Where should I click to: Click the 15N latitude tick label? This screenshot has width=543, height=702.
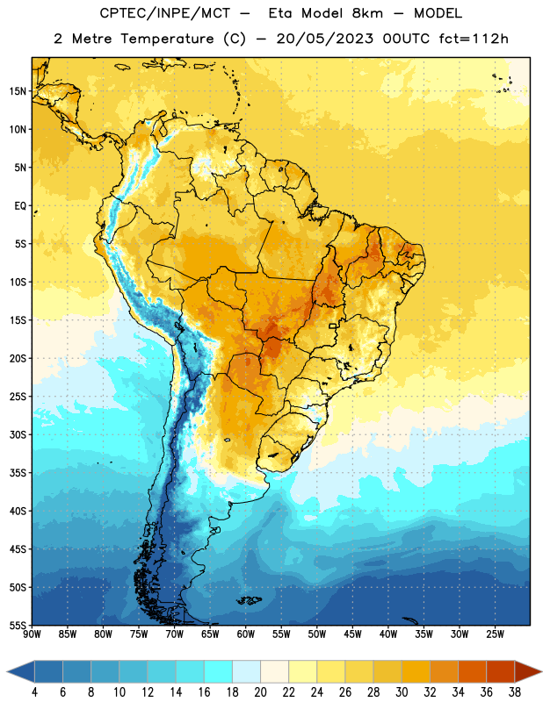pyautogui.click(x=18, y=91)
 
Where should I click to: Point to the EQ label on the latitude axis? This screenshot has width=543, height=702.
pyautogui.click(x=20, y=206)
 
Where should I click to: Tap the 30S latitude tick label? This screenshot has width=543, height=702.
pyautogui.click(x=18, y=434)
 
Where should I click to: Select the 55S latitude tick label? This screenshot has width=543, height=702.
pyautogui.click(x=18, y=626)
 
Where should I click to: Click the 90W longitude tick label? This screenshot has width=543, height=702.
pyautogui.click(x=32, y=634)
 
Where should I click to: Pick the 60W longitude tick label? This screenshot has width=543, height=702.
pyautogui.click(x=246, y=634)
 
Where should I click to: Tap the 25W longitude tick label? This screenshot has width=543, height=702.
pyautogui.click(x=495, y=634)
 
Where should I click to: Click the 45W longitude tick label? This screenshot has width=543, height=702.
pyautogui.click(x=352, y=634)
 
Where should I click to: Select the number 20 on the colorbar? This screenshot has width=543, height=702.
pyautogui.click(x=260, y=692)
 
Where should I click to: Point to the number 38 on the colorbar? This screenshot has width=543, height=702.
pyautogui.click(x=514, y=692)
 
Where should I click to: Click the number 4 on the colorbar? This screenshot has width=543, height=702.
pyautogui.click(x=34, y=692)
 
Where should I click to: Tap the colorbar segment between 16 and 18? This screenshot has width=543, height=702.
pyautogui.click(x=219, y=671)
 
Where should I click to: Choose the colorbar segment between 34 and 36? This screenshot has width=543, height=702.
pyautogui.click(x=472, y=671)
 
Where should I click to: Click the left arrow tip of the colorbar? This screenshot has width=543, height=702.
pyautogui.click(x=7, y=671)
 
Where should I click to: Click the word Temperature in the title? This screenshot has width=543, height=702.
pyautogui.click(x=167, y=39)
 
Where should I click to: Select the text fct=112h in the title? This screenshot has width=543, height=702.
pyautogui.click(x=474, y=39)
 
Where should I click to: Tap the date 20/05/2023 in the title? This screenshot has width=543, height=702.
pyautogui.click(x=324, y=39)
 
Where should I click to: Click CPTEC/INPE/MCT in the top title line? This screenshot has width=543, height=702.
pyautogui.click(x=164, y=13)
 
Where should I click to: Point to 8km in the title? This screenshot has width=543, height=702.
pyautogui.click(x=367, y=13)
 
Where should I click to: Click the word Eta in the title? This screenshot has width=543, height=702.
pyautogui.click(x=280, y=13)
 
